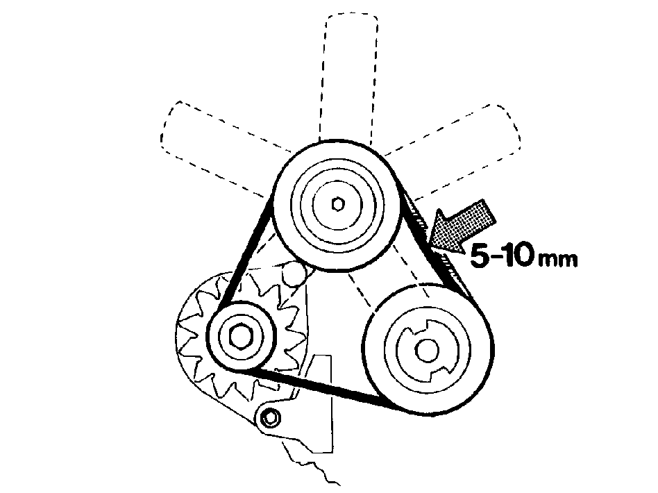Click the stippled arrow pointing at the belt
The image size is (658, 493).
click(x=462, y=226)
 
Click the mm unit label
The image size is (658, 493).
click(x=558, y=260)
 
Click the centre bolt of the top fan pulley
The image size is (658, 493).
click(x=337, y=205)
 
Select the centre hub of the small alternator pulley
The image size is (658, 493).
click(x=240, y=336)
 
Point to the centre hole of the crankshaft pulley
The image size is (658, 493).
click(x=427, y=349)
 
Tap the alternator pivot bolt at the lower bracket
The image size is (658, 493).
click(x=269, y=418)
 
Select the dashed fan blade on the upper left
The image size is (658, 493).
click(x=218, y=147)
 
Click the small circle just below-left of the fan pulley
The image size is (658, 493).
click(x=294, y=274)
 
